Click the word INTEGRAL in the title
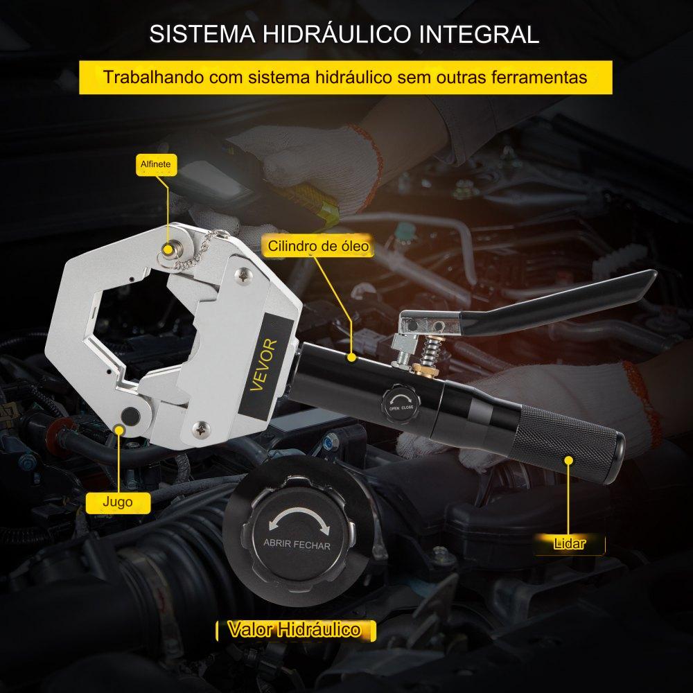coord(479,34)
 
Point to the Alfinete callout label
coord(155,164)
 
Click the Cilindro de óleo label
coord(319,246)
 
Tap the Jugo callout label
coord(118,502)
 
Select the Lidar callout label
coord(569,543)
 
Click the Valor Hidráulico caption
coord(295,629)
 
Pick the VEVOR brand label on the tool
coord(263,365)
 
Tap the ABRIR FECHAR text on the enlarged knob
coord(297,544)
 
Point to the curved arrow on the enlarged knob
coord(299,514)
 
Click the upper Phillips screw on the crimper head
coord(243,275)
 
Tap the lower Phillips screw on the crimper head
coord(201,428)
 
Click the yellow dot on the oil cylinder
coord(351,357)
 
